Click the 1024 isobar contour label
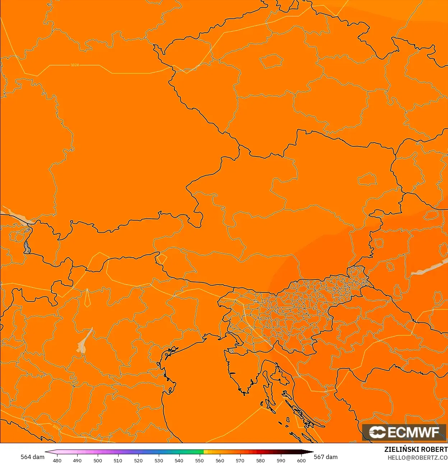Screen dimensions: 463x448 tap(75, 65)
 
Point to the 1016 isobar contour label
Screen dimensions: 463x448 tap(56, 427)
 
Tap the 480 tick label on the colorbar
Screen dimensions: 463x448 tap(57, 460)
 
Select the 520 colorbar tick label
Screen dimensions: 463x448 tap(138, 460)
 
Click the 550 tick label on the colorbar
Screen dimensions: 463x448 tap(199, 460)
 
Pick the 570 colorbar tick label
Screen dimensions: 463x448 tap(240, 460)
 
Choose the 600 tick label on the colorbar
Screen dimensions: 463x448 tap(301, 460)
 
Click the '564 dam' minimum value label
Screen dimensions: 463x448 tap(32, 457)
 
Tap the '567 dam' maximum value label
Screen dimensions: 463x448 tap(325, 457)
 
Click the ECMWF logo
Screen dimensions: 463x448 tap(404, 432)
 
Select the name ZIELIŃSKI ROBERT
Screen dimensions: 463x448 tap(416, 449)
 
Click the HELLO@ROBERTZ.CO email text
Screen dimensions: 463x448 tap(417, 458)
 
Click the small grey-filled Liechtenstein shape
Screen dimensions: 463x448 tap(27, 247)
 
